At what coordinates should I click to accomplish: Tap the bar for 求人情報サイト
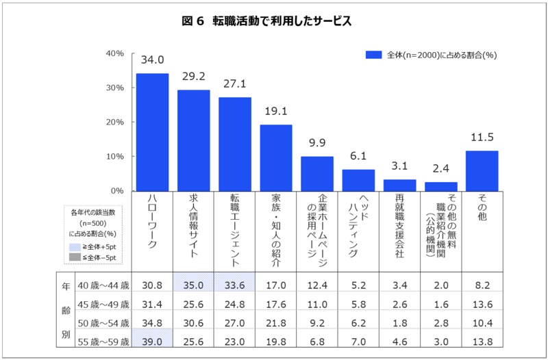(x=194, y=140)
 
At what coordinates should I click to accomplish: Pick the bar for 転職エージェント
(x=235, y=144)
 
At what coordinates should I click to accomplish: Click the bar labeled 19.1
(x=276, y=157)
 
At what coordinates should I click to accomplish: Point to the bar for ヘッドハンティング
(x=359, y=179)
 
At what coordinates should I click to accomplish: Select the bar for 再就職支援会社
(x=400, y=185)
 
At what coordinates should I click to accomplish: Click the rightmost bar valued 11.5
(x=482, y=170)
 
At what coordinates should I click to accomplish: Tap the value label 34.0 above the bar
(x=152, y=61)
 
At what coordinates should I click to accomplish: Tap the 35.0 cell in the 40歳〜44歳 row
(x=194, y=284)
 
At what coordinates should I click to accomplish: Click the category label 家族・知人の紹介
(x=276, y=229)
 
